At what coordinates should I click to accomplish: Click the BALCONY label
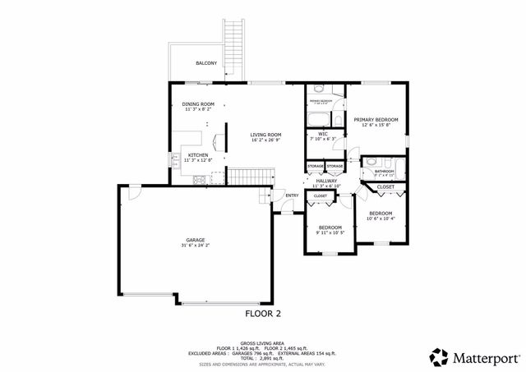[x=206, y=63]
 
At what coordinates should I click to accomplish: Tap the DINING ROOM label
[x=198, y=104]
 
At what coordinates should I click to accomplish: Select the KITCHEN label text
[x=197, y=155]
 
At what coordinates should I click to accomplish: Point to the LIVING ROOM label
[x=266, y=135]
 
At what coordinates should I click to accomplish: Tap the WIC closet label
[x=323, y=133]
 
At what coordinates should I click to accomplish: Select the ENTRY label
[x=291, y=195]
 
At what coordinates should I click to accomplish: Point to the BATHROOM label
[x=385, y=171]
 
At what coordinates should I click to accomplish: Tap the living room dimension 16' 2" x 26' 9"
[x=266, y=140]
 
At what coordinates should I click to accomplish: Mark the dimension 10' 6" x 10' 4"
[x=381, y=218]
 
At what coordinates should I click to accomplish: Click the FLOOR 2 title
[x=263, y=313]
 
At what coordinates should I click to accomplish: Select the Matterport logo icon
[x=439, y=356]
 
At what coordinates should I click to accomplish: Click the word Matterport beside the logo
[x=484, y=356]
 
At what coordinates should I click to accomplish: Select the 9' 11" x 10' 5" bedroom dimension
[x=330, y=232]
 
